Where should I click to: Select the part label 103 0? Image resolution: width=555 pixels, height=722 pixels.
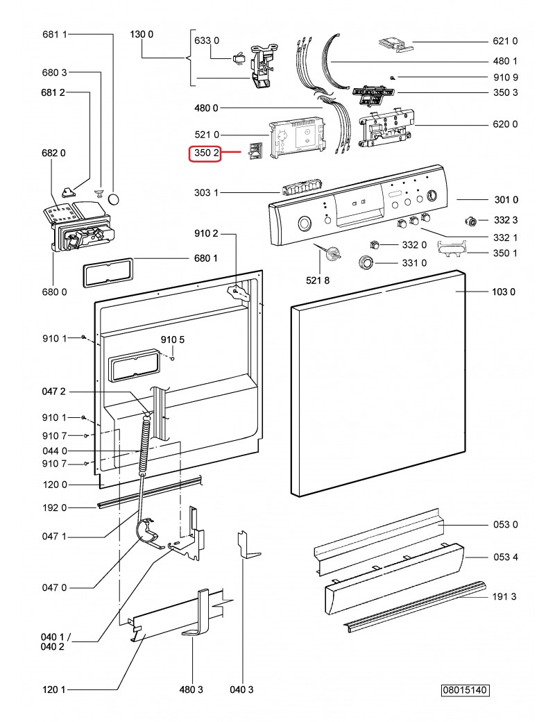[504, 292]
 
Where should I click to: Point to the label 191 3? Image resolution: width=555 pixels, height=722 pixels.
[504, 596]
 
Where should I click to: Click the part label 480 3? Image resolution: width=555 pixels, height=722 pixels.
[191, 689]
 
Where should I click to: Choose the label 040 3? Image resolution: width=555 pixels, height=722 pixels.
[242, 689]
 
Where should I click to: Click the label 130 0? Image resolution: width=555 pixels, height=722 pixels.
[142, 35]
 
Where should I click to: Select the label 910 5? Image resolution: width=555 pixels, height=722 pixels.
[173, 340]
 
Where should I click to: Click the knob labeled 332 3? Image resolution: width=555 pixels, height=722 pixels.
[472, 221]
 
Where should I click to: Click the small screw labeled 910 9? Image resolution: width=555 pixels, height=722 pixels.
[393, 77]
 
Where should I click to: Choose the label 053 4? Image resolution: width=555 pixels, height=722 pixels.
[504, 557]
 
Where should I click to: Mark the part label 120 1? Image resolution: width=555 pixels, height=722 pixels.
[54, 689]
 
